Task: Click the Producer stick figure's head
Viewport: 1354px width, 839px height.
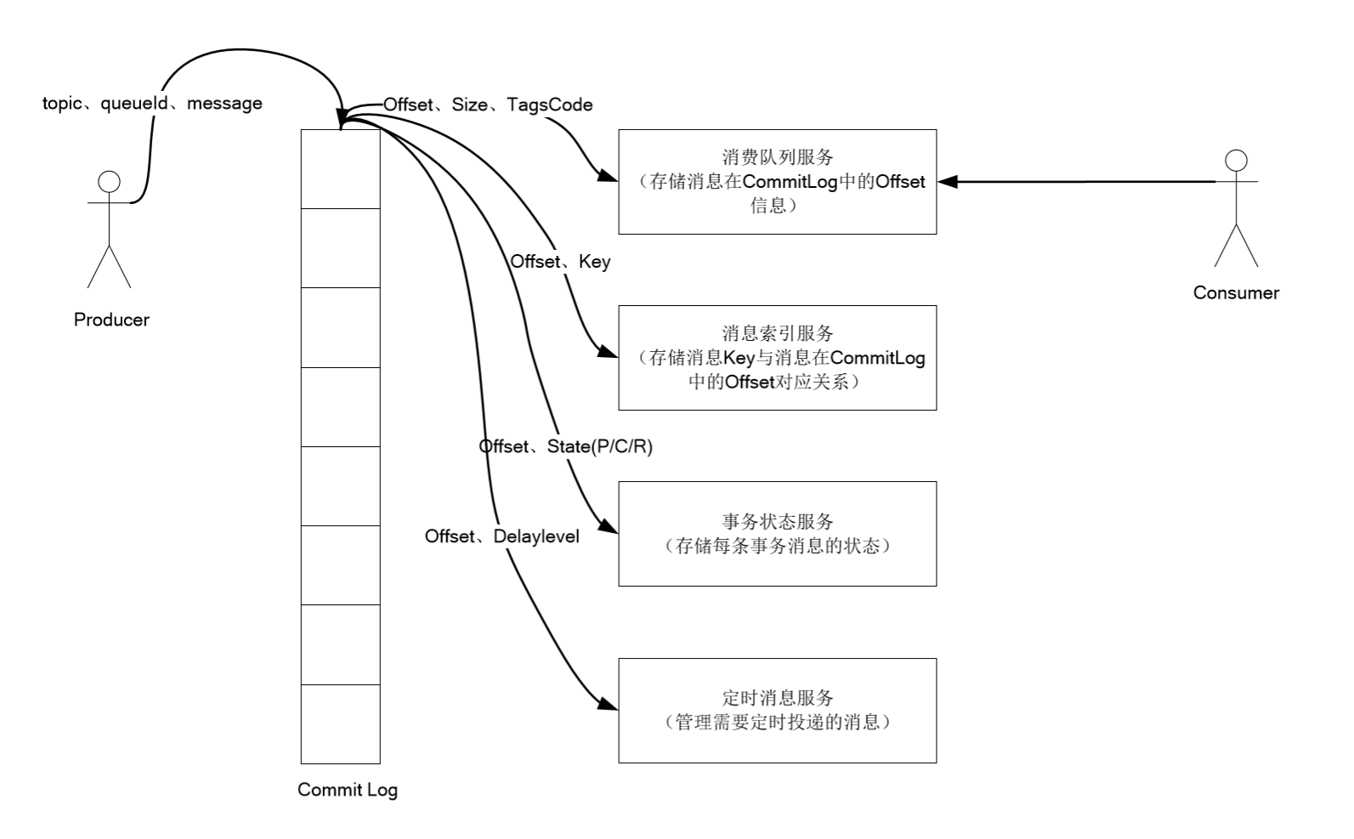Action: (x=109, y=182)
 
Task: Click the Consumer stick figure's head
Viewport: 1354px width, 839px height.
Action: (x=1236, y=161)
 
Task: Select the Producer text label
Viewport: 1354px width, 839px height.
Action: (x=111, y=320)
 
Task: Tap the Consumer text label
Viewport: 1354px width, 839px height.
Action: (x=1236, y=292)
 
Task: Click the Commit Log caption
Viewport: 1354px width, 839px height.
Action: (x=348, y=790)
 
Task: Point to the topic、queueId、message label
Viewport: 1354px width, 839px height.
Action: (x=152, y=103)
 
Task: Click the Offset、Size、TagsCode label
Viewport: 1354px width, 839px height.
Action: (x=488, y=105)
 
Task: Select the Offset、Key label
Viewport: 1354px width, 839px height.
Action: (x=560, y=261)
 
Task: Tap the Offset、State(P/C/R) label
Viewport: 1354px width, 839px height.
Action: (x=566, y=446)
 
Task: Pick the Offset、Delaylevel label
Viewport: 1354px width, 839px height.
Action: (x=502, y=536)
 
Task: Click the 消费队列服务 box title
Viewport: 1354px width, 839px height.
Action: (x=777, y=156)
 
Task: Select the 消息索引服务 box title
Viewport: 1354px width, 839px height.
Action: (x=777, y=332)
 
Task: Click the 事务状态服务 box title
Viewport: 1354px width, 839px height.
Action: (x=777, y=521)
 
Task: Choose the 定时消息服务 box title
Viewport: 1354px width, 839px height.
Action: (x=777, y=698)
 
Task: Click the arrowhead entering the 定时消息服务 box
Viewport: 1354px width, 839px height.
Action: (x=609, y=704)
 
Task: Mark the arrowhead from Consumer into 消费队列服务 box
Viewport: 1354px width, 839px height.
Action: (x=947, y=181)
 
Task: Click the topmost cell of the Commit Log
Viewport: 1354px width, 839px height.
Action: (x=341, y=168)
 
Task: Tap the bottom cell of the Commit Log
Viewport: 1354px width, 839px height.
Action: (x=341, y=723)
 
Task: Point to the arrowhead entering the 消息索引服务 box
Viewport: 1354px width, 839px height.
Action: (x=609, y=353)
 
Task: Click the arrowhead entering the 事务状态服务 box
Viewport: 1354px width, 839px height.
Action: (x=609, y=528)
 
